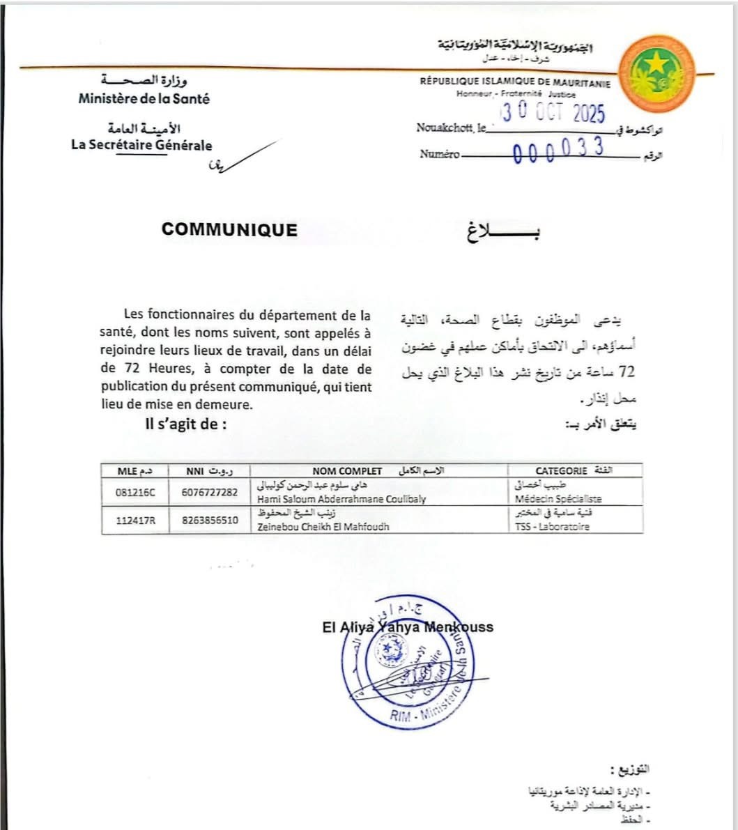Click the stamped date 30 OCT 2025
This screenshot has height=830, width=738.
(x=555, y=113)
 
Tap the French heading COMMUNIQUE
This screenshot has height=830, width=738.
(x=229, y=230)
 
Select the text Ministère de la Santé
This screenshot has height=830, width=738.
(x=144, y=99)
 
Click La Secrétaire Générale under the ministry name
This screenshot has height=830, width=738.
(x=141, y=146)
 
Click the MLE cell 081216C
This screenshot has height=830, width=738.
(x=136, y=493)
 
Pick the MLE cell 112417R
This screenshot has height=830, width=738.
(x=136, y=520)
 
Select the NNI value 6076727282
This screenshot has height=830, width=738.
(x=209, y=493)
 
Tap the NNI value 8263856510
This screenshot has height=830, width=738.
(x=209, y=520)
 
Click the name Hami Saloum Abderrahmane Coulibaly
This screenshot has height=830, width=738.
(x=341, y=499)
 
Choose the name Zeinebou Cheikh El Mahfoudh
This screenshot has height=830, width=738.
(x=323, y=526)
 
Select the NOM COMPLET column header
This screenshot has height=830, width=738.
(x=347, y=471)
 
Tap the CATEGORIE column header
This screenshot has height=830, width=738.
(x=561, y=471)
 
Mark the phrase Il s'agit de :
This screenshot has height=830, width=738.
(x=186, y=424)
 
